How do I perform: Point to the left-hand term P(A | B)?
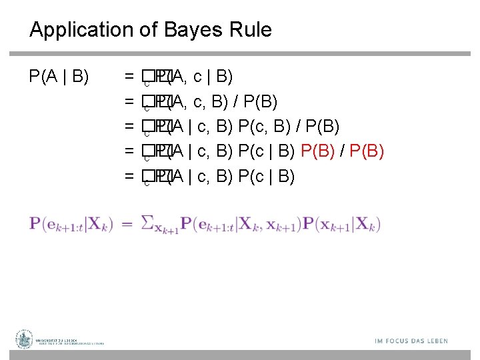59,77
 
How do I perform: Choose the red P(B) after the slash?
365,152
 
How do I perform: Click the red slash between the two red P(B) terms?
342,152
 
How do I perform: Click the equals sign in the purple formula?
127,223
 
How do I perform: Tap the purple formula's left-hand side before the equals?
71,223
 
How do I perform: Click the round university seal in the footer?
25,340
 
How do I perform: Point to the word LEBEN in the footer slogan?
435,341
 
